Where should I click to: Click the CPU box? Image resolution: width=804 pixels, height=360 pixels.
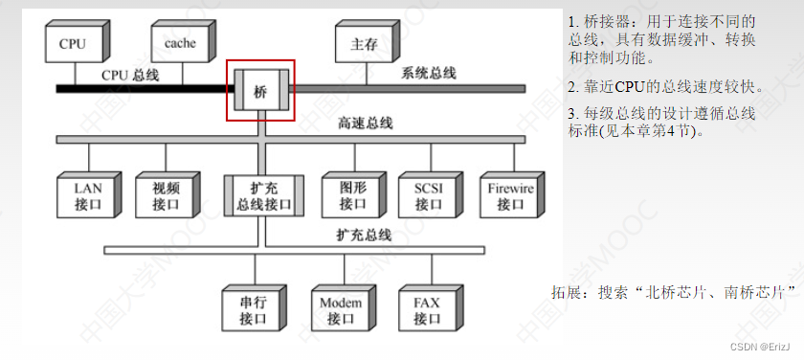pos(73,43)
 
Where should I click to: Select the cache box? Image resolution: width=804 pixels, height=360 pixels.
pos(180,43)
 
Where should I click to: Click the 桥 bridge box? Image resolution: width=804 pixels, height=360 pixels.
pos(260,91)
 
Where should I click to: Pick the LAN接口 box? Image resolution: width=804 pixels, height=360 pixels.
pos(87,195)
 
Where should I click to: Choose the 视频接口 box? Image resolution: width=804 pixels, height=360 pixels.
pos(167,195)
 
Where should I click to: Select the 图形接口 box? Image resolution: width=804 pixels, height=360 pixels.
pos(352,195)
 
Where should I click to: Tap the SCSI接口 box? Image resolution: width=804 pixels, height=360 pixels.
pos(428,195)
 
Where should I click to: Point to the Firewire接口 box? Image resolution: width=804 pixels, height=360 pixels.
pos(509,195)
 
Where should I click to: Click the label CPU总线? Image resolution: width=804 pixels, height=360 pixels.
pos(130,75)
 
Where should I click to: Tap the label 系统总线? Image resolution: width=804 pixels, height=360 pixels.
pos(429,73)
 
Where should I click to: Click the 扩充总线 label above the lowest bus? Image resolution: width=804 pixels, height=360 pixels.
pos(364,235)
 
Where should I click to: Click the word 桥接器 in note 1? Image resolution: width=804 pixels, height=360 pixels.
pos(605,21)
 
